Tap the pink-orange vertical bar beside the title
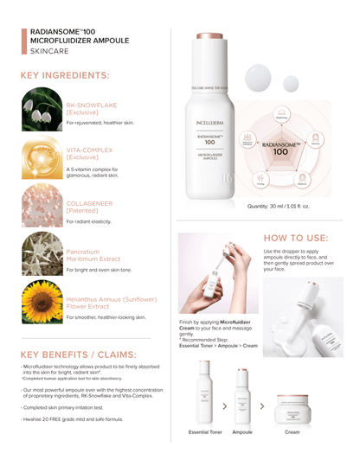point(23,41)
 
